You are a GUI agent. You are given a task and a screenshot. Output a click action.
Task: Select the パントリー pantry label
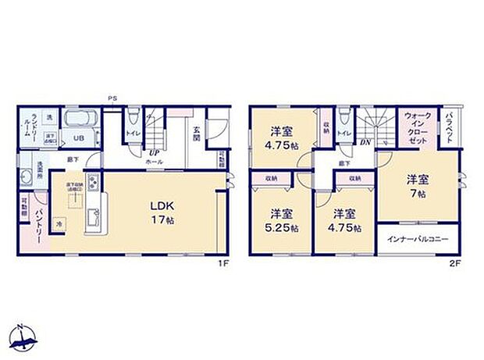coord(36,225)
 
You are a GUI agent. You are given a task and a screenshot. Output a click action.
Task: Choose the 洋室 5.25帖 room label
coord(282,220)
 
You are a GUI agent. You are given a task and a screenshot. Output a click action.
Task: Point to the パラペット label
coord(450,125)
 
